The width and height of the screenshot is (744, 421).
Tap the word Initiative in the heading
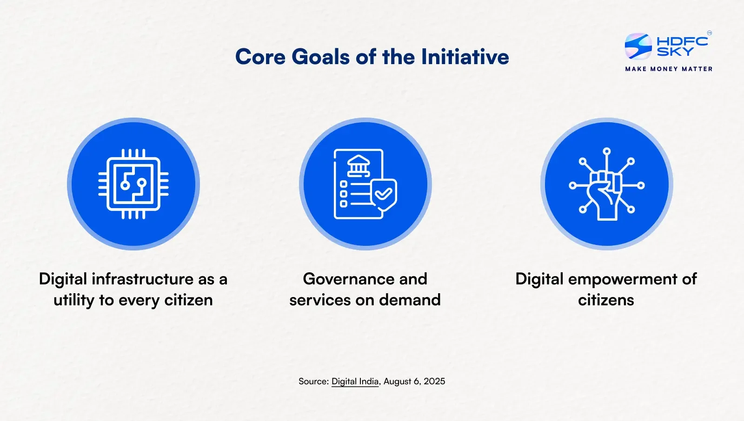click(x=465, y=57)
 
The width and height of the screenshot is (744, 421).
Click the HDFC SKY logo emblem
click(x=638, y=46)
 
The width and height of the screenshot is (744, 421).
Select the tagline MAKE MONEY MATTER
click(x=669, y=69)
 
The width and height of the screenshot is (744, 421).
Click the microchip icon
click(x=133, y=184)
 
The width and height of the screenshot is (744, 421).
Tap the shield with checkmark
click(x=384, y=195)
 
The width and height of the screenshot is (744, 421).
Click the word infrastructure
click(x=142, y=279)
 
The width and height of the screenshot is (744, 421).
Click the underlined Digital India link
click(x=355, y=382)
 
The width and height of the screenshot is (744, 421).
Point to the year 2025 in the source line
click(x=434, y=381)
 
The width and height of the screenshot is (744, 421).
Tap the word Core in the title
click(x=260, y=57)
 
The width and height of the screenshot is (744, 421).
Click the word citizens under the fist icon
click(x=606, y=300)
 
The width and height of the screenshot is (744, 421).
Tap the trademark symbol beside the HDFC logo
click(x=710, y=33)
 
